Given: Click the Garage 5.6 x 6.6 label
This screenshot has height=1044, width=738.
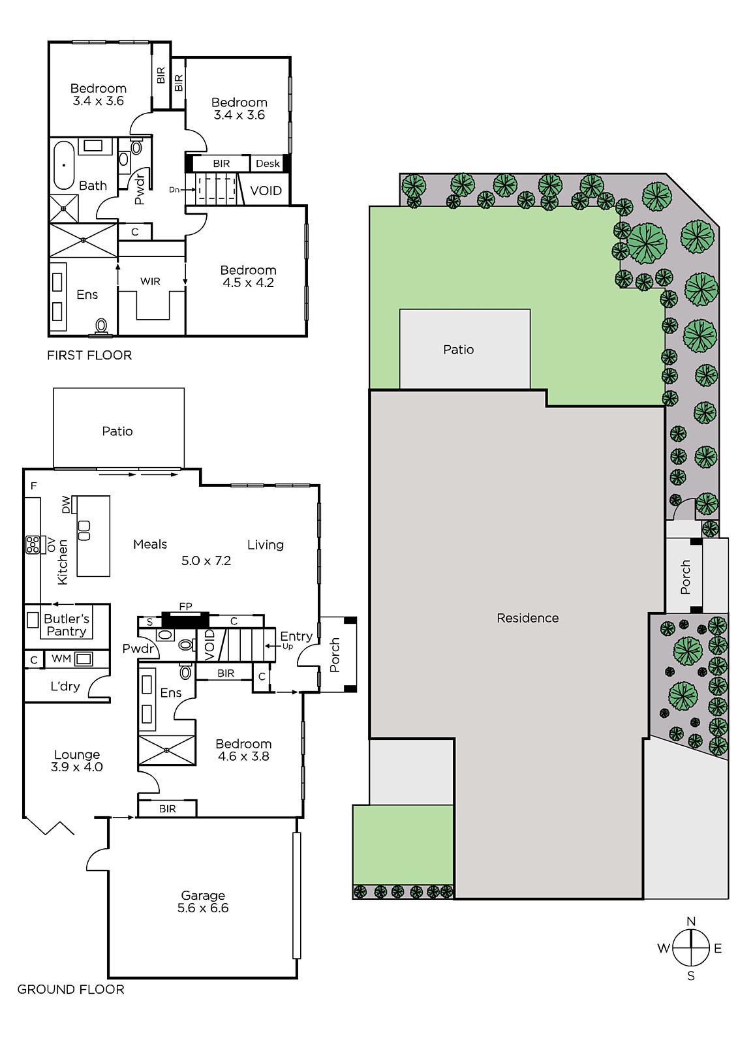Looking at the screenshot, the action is tap(203, 901).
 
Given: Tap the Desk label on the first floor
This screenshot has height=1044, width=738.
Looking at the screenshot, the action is tap(268, 164).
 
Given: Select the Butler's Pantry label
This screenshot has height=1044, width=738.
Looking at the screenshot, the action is tap(66, 625).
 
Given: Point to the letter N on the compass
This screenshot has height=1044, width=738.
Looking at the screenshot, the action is tap(691, 921).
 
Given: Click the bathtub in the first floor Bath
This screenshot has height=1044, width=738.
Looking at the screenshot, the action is tap(64, 165).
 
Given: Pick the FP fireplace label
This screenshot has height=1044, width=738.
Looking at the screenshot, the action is tap(185, 606).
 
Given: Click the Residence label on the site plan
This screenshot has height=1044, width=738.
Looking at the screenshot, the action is tap(527, 618).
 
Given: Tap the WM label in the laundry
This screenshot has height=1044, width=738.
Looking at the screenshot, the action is tap(61, 658).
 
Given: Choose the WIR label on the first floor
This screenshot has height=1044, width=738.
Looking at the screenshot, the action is tap(150, 281).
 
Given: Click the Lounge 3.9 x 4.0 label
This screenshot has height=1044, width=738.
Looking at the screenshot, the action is tap(77, 761).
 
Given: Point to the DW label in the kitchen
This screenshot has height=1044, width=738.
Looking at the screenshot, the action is tap(66, 505).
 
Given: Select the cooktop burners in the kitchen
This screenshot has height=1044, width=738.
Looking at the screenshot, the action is tap(33, 545).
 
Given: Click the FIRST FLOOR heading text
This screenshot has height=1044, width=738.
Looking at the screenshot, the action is tap(89, 355).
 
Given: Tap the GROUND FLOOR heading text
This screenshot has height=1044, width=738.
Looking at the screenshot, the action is tap(71, 989).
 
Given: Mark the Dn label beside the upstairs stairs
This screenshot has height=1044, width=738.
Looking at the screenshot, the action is tap(174, 190).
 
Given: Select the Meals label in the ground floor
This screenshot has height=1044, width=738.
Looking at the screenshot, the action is tap(149, 544).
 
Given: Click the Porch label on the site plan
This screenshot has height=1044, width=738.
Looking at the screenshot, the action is tap(685, 577).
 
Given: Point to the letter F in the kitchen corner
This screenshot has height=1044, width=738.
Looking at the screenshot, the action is tap(33, 486).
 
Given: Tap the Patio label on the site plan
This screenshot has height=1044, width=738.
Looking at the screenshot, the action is tap(458, 350).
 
